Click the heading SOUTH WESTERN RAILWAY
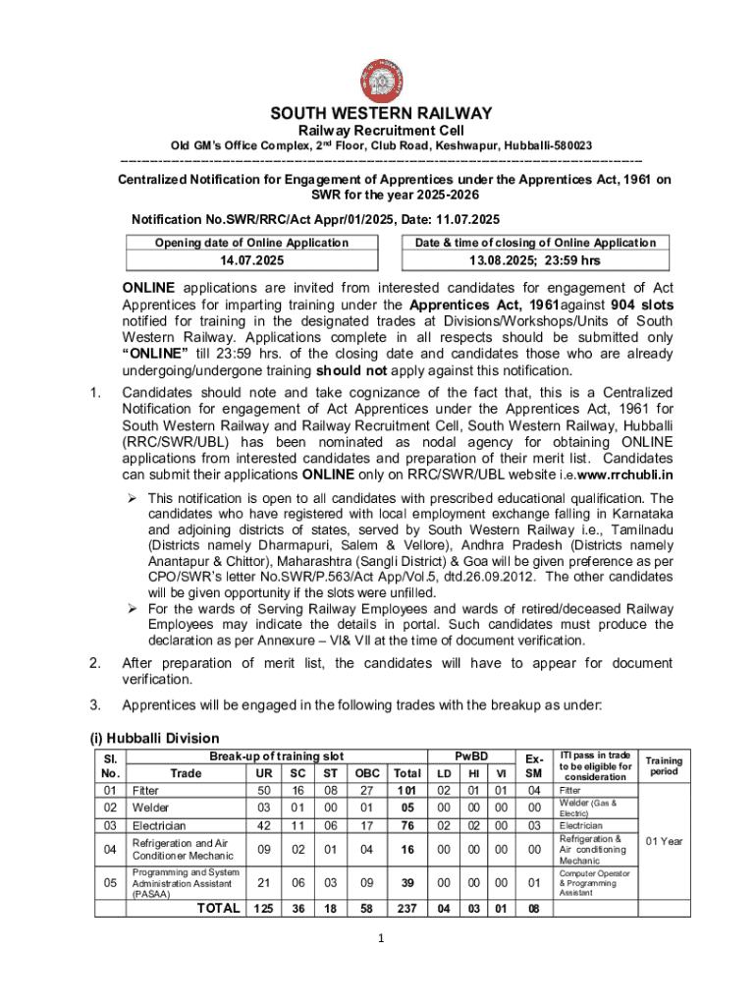click(x=382, y=113)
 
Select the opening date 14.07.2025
click(x=252, y=261)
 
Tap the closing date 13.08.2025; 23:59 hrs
click(x=535, y=261)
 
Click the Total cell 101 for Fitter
click(x=405, y=790)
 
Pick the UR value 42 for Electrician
click(x=264, y=825)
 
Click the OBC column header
click(x=367, y=773)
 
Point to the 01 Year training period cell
click(x=664, y=841)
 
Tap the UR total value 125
click(x=264, y=909)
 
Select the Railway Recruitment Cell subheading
click(x=382, y=131)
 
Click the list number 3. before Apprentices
click(x=95, y=704)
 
